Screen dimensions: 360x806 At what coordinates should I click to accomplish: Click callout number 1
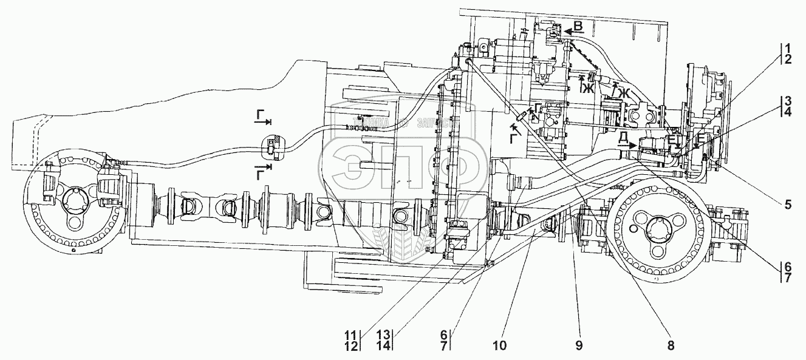[x=787, y=48]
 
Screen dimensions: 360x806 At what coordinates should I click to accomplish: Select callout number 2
[x=787, y=59]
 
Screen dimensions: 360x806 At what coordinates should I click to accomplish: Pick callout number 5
[x=787, y=205]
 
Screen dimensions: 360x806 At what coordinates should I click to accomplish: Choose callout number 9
[x=578, y=345]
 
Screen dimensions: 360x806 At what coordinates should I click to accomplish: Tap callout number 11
[x=352, y=334]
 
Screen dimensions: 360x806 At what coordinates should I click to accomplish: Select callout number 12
[x=352, y=345]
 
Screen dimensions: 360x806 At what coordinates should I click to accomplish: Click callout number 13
[x=384, y=334]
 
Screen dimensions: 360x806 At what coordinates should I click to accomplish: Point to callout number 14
[x=384, y=345]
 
